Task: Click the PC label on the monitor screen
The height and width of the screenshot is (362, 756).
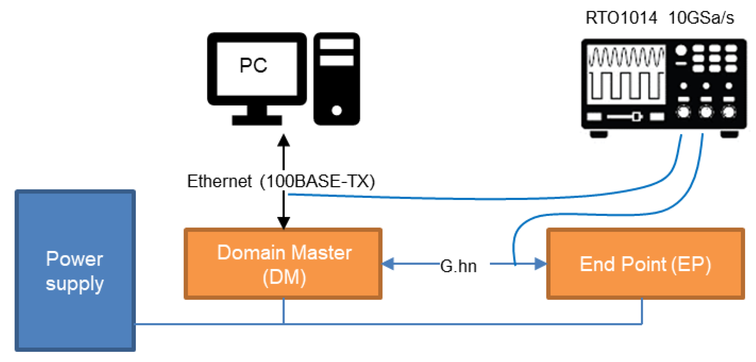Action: pyautogui.click(x=253, y=65)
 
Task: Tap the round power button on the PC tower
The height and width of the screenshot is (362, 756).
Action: pyautogui.click(x=336, y=110)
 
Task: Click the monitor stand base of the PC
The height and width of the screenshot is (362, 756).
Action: pyautogui.click(x=256, y=120)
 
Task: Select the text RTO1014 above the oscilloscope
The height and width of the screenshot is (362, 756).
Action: pyautogui.click(x=621, y=17)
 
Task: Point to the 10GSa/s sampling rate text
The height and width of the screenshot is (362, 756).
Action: pyautogui.click(x=701, y=18)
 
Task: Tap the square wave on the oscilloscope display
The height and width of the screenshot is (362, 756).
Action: pyautogui.click(x=626, y=86)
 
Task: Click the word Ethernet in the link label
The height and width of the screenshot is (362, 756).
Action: pyautogui.click(x=219, y=181)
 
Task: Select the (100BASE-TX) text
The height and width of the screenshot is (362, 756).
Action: pyautogui.click(x=317, y=181)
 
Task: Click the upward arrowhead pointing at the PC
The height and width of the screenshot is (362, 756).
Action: pyautogui.click(x=283, y=140)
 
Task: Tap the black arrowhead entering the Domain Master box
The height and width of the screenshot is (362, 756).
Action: pyautogui.click(x=283, y=222)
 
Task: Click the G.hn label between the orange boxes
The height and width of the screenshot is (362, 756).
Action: pyautogui.click(x=458, y=266)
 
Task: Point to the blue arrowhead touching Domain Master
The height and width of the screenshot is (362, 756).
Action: pyautogui.click(x=388, y=264)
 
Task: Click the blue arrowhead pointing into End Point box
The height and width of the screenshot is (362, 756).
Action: pyautogui.click(x=540, y=264)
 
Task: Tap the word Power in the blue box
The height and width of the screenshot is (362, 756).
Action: pyautogui.click(x=75, y=259)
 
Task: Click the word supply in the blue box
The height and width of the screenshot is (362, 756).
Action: pyautogui.click(x=75, y=283)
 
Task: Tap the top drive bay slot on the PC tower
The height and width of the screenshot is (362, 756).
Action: pyautogui.click(x=336, y=44)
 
